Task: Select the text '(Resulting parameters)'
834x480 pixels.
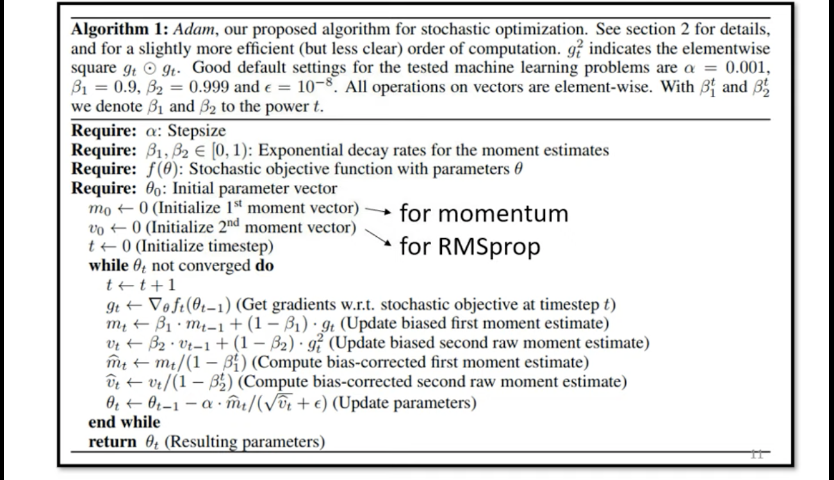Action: (x=254, y=442)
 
